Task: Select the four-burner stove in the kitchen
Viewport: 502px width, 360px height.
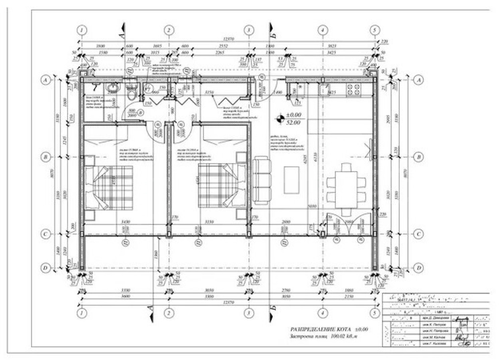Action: click(355, 90)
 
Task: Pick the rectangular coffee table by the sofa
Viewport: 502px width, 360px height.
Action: click(291, 180)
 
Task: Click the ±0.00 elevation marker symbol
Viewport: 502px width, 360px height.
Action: click(279, 118)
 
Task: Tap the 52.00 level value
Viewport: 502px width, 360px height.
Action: click(294, 123)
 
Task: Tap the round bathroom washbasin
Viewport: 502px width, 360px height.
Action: click(111, 88)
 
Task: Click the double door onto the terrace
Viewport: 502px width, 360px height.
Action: click(348, 225)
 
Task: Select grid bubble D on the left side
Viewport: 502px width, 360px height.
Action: click(46, 268)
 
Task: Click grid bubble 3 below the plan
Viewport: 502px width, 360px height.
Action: click(248, 313)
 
